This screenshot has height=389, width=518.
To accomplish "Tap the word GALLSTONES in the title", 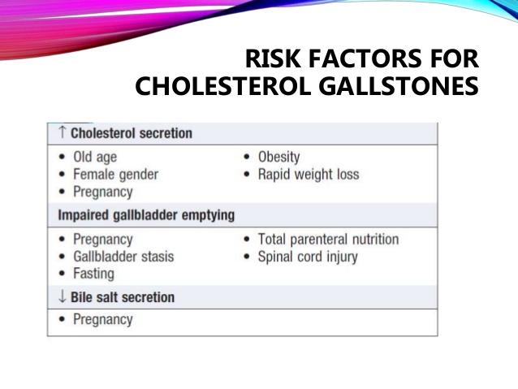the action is click(x=399, y=86).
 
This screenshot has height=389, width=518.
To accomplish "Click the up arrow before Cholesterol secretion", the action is click(x=62, y=132).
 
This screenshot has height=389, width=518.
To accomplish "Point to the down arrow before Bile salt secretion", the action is click(x=62, y=296).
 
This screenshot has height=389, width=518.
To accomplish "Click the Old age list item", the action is click(x=95, y=157).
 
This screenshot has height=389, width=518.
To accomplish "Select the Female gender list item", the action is click(x=115, y=174).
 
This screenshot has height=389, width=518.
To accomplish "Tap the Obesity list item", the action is click(x=278, y=157).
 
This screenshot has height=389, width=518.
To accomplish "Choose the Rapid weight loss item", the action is click(x=309, y=174).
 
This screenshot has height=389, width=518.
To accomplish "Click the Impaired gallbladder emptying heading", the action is click(x=146, y=215).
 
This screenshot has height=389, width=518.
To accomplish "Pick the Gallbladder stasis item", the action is click(x=123, y=257).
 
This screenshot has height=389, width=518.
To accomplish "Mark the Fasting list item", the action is click(x=93, y=274).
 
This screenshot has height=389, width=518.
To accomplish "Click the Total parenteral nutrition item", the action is click(x=328, y=240).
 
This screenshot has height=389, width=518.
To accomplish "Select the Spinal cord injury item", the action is click(x=308, y=257).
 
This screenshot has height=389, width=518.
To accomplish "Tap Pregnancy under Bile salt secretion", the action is click(x=103, y=320).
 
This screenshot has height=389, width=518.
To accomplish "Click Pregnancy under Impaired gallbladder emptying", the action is click(x=103, y=240).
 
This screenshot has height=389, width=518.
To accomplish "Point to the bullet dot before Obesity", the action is click(x=247, y=157).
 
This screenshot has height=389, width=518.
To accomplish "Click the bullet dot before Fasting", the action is click(x=62, y=274).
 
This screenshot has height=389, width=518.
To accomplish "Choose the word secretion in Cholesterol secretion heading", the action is click(x=166, y=133).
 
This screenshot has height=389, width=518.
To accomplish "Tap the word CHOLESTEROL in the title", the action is click(x=222, y=86).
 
